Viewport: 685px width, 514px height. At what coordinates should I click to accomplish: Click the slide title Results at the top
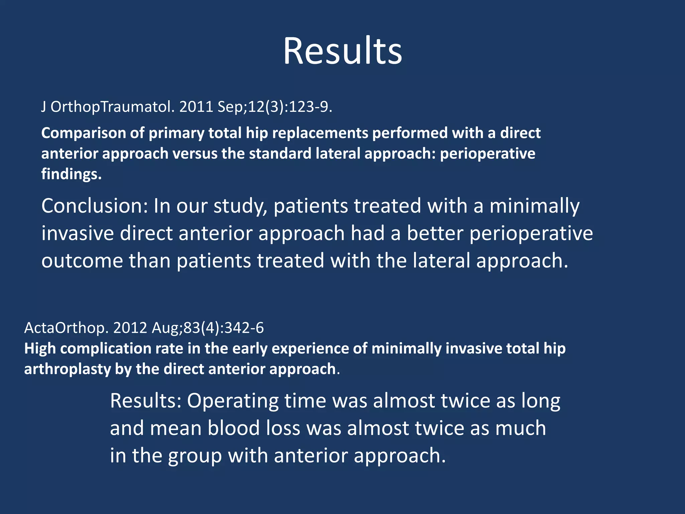point(342,51)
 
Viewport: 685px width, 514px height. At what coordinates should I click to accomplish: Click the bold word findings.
point(71,174)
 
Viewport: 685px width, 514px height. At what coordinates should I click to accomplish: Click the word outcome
point(82,261)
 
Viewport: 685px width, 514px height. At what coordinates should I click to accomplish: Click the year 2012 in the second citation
point(130,328)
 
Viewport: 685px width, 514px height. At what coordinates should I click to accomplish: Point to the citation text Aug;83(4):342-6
point(208,328)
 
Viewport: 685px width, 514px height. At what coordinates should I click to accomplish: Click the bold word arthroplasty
point(68,369)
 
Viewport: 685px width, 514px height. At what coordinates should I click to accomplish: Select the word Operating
point(233,401)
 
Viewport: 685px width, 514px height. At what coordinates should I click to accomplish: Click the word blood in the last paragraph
point(233,428)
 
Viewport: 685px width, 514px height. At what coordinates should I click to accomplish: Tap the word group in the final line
point(195,456)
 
